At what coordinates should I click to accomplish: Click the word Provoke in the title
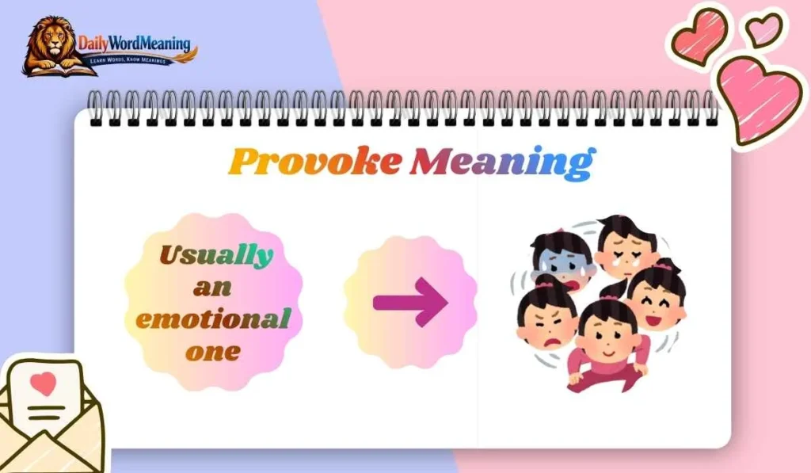[x=314, y=162]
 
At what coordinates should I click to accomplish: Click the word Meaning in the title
[x=501, y=162]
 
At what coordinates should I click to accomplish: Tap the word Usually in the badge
[x=215, y=255]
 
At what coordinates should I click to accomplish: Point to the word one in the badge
[x=211, y=352]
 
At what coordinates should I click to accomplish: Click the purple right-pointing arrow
[x=410, y=301]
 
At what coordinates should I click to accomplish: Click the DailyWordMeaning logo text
[x=135, y=44]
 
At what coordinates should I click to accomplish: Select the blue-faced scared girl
[x=562, y=261]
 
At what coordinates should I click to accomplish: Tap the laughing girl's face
[x=657, y=300]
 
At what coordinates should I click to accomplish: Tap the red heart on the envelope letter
[x=44, y=383]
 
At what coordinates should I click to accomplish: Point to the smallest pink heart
[x=763, y=30]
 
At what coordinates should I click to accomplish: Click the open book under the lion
[x=52, y=69]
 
